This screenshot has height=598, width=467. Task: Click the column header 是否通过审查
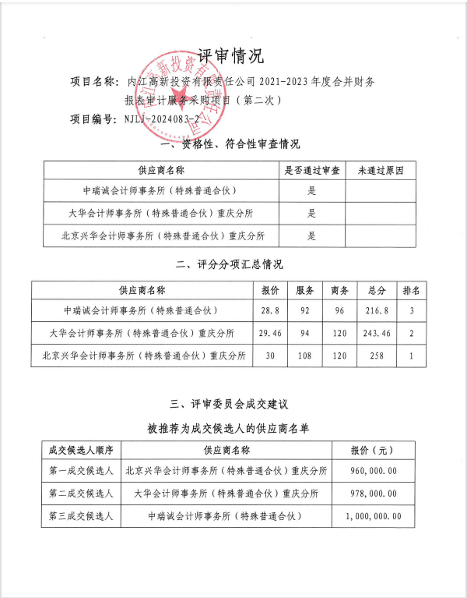[x=311, y=170]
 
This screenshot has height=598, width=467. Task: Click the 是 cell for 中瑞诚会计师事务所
[x=311, y=191]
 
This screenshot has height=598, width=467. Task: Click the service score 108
[x=305, y=356]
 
